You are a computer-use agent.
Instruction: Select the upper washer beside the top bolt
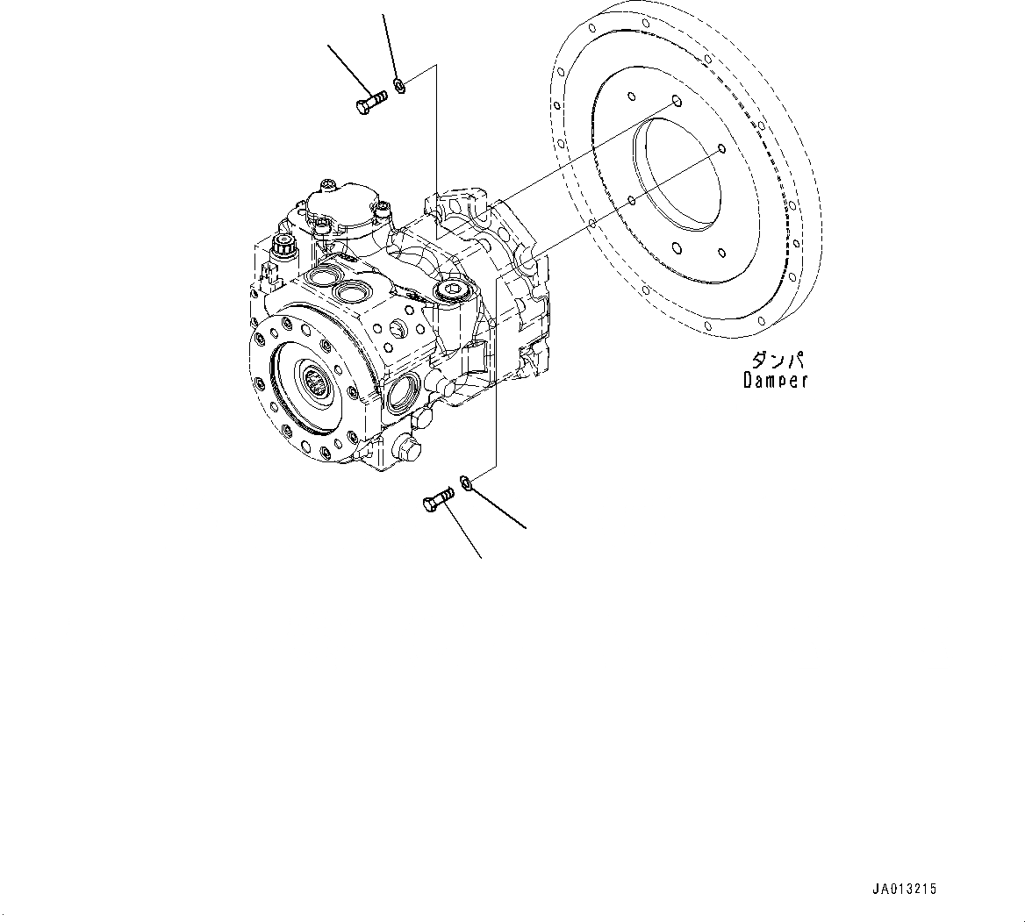400,85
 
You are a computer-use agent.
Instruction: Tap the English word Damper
775,381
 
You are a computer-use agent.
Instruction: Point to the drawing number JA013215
903,890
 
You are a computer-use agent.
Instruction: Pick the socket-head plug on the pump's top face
452,290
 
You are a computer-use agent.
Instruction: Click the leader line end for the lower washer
527,529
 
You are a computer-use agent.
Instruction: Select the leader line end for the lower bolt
481,558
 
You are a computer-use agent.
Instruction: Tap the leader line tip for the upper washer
383,15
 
